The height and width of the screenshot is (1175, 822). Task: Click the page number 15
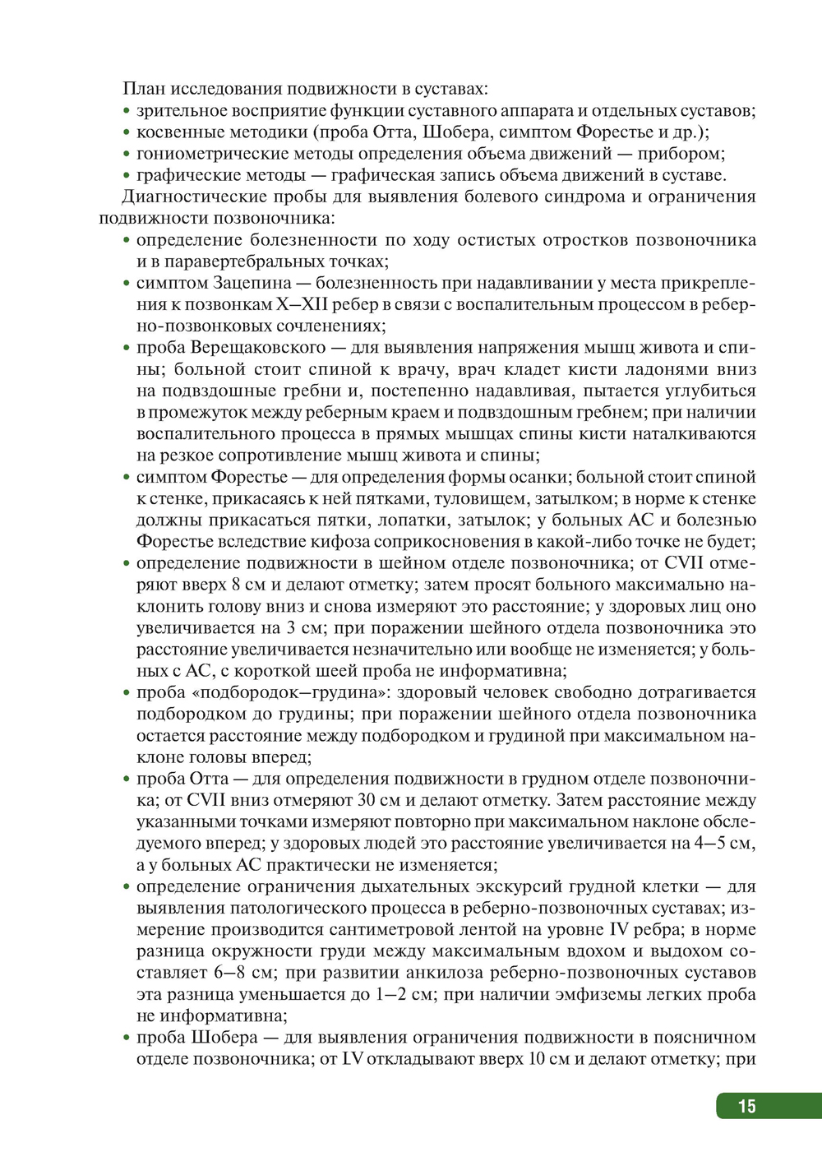[x=746, y=1106]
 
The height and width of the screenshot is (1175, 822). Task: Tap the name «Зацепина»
[x=252, y=283]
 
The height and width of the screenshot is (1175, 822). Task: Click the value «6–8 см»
[x=243, y=973]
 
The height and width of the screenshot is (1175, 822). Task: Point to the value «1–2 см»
[x=405, y=994]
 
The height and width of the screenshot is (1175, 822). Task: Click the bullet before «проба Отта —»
[x=127, y=779]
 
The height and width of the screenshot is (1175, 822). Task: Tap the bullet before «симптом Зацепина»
[x=127, y=283]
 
